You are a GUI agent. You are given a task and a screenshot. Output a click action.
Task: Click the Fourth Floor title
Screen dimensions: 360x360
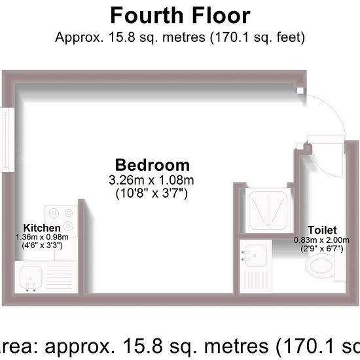[180, 16]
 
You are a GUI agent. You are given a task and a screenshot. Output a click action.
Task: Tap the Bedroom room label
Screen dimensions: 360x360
[153, 165]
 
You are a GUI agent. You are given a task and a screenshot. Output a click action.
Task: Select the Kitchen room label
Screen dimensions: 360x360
[42, 228]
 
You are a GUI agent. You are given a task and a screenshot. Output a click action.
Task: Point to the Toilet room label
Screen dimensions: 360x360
[322, 230]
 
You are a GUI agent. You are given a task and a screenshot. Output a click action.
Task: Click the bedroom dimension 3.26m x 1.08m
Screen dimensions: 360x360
[152, 180]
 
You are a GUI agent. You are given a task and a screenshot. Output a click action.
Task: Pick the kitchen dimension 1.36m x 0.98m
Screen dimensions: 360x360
[42, 237]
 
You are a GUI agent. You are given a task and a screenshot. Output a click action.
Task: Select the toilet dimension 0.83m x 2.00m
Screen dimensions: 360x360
[321, 240]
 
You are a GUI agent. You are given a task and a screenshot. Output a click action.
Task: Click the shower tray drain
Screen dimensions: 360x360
[268, 225]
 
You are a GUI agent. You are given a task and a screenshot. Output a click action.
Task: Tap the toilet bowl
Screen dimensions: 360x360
[319, 266]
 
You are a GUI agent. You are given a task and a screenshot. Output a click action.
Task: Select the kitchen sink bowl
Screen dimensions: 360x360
[31, 278]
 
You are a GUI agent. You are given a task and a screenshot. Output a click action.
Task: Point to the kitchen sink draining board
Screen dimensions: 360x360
[60, 277]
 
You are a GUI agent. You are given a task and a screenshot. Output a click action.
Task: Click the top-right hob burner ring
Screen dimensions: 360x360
[69, 213]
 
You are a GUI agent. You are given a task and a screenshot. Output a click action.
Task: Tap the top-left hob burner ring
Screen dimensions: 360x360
[54, 213]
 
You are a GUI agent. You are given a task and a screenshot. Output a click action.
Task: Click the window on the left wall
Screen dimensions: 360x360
[7, 140]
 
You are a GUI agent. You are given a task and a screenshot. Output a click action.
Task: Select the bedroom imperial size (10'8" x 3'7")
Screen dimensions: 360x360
[152, 193]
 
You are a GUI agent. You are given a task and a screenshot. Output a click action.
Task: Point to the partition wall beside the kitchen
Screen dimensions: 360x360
[81, 246]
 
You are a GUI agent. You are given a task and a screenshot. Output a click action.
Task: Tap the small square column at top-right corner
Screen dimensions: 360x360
[300, 91]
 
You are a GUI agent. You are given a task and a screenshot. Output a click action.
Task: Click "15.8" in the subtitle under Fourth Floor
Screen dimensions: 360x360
[122, 37]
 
